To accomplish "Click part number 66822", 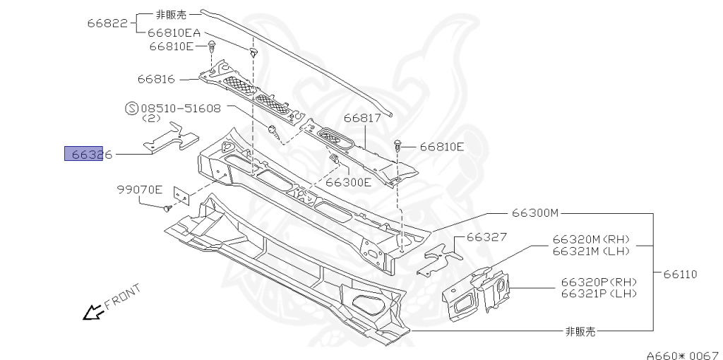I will (107, 23).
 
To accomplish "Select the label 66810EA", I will (174, 32).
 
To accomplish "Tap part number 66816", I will (157, 79).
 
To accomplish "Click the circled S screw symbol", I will (131, 109).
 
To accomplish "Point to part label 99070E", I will (140, 189).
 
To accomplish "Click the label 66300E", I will (348, 182).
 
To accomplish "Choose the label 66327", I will (486, 237).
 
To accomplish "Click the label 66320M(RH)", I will (591, 239).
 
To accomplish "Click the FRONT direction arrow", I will (92, 311).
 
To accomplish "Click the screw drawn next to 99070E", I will (167, 209).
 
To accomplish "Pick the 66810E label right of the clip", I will (442, 148).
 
